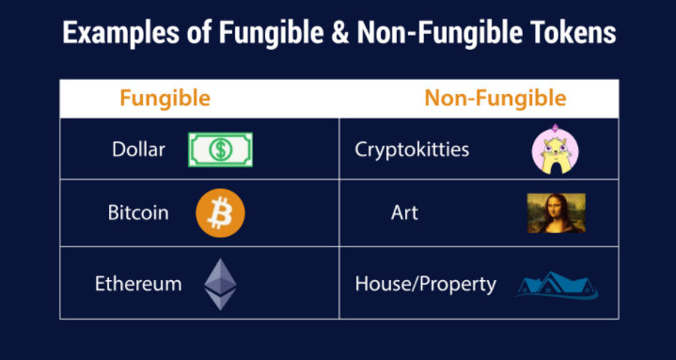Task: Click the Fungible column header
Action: [165, 98]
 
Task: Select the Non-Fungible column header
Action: [495, 98]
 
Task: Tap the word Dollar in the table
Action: [138, 149]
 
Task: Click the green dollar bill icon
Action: [221, 149]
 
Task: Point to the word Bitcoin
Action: [138, 212]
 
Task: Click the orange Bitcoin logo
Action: [220, 213]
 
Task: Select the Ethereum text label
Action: [138, 283]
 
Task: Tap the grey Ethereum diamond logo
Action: [221, 283]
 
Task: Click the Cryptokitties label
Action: [412, 149]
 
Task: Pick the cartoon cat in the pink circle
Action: [555, 150]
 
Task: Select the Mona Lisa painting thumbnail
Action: [556, 213]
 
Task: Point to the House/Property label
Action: [425, 283]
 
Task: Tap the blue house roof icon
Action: [557, 285]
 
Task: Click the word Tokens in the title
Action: [574, 34]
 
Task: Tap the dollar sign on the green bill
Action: [221, 149]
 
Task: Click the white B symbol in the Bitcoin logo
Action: [220, 213]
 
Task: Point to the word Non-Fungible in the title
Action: [434, 34]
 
